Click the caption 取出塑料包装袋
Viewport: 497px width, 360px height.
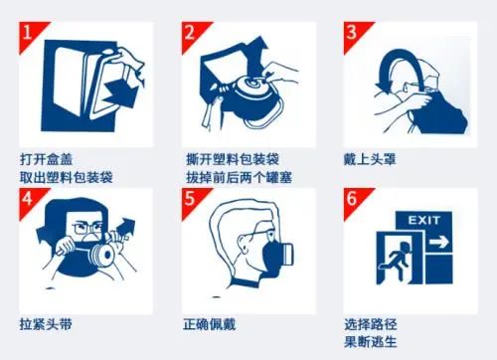pyautogui.click(x=66, y=176)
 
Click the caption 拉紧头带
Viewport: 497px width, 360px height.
pyautogui.click(x=46, y=324)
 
